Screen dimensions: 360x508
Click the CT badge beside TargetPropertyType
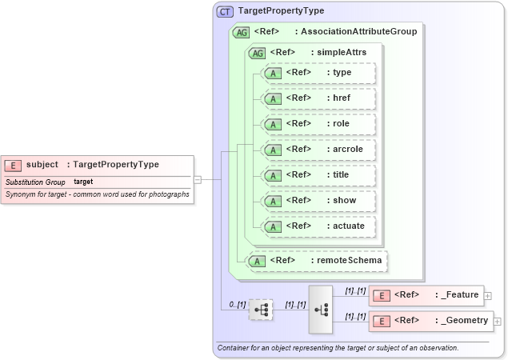tap(226, 12)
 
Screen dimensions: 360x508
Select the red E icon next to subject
tap(13, 165)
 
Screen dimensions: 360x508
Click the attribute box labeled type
tap(319, 73)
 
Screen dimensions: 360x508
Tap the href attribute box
tap(319, 98)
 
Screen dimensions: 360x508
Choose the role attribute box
tap(319, 124)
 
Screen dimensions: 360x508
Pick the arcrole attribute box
tap(319, 150)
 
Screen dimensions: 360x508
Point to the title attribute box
tap(319, 175)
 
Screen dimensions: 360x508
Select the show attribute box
tap(319, 201)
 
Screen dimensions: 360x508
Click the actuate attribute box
tap(319, 226)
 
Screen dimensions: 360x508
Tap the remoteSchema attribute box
tap(317, 260)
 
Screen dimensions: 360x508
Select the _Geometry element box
tap(430, 321)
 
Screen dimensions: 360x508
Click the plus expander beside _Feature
tap(488, 296)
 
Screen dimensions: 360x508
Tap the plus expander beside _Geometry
tap(498, 322)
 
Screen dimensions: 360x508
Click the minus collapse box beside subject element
tap(198, 180)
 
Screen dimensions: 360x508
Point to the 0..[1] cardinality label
tap(235, 304)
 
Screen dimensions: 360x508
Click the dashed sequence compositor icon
tap(261, 309)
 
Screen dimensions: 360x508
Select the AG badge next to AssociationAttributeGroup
tap(240, 32)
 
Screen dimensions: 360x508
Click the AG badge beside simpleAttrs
tap(258, 53)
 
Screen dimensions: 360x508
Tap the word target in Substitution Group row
tap(83, 182)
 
